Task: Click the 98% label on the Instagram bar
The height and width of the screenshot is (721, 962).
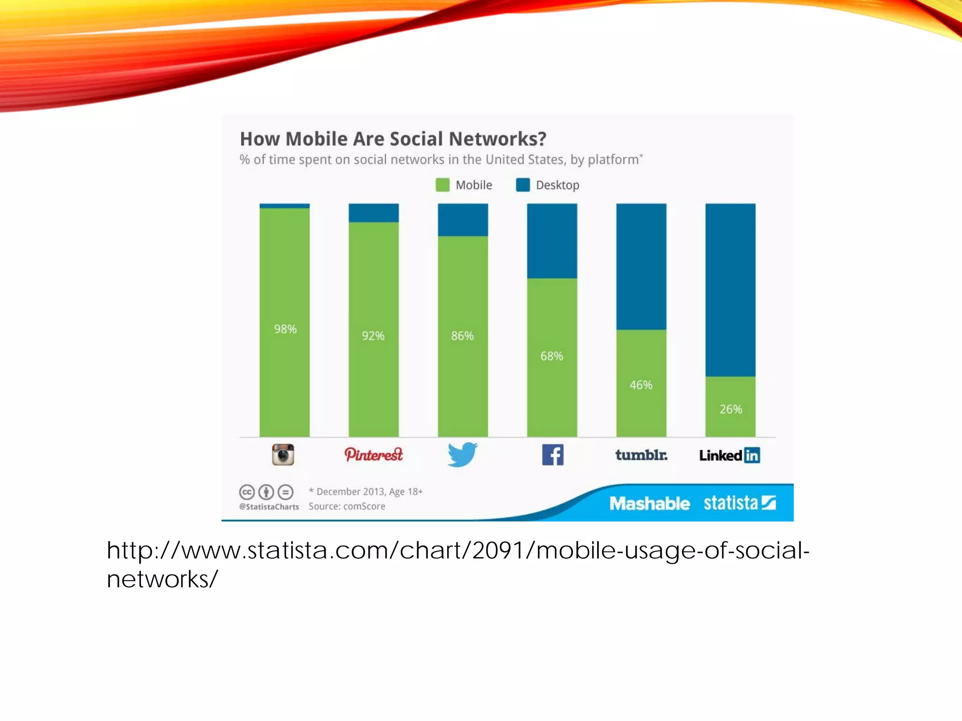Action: click(x=285, y=329)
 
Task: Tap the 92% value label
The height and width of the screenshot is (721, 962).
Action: click(x=373, y=336)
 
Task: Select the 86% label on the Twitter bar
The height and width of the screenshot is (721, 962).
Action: click(x=462, y=336)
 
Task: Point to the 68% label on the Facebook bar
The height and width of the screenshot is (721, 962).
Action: click(x=551, y=356)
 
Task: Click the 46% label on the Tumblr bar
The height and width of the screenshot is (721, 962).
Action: click(x=641, y=385)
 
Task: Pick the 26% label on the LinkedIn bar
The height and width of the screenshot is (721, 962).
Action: click(x=731, y=409)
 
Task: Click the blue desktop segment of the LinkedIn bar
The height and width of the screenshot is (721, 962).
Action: click(x=730, y=290)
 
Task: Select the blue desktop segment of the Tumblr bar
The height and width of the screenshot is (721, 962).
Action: click(x=641, y=266)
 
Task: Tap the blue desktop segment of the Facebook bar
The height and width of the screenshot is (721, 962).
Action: click(x=552, y=241)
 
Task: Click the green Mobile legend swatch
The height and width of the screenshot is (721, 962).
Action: click(x=442, y=185)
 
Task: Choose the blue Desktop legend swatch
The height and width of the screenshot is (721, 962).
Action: click(x=522, y=185)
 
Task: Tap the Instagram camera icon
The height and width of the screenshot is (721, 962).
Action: click(x=283, y=454)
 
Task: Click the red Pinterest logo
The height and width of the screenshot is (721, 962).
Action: click(x=373, y=454)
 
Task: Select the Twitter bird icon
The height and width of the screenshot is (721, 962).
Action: click(x=462, y=454)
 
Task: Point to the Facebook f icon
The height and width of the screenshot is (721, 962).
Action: click(x=552, y=455)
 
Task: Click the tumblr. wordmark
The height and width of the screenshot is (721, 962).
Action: click(x=641, y=455)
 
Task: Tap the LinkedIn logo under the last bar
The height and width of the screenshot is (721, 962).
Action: click(x=729, y=455)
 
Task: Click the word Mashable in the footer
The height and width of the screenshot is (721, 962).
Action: click(x=650, y=504)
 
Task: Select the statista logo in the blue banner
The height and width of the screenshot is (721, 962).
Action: click(x=739, y=503)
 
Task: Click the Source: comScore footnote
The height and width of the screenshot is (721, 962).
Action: click(x=347, y=506)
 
